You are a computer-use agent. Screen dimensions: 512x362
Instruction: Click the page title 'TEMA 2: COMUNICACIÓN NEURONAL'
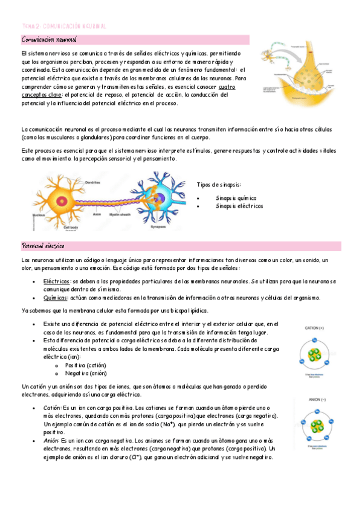point(63,27)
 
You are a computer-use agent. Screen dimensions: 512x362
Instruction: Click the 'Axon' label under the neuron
point(97,214)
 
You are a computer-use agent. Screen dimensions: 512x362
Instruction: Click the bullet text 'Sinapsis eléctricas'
point(239,206)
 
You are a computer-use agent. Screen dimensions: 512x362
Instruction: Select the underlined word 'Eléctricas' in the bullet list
point(56,281)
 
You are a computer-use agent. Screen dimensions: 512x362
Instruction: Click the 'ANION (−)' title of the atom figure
point(314,399)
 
